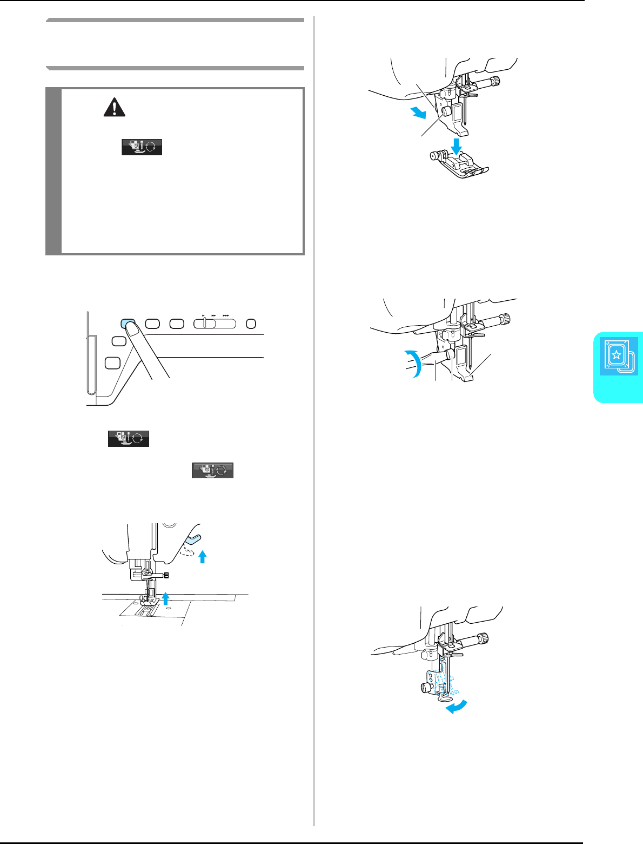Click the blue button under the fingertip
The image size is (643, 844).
click(128, 323)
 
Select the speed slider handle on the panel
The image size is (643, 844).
click(205, 324)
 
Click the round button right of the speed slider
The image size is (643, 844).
click(251, 324)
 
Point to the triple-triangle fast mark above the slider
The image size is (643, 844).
click(226, 314)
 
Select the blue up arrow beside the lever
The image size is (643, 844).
click(203, 556)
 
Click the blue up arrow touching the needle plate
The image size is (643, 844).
click(166, 598)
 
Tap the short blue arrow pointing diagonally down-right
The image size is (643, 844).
click(418, 112)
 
